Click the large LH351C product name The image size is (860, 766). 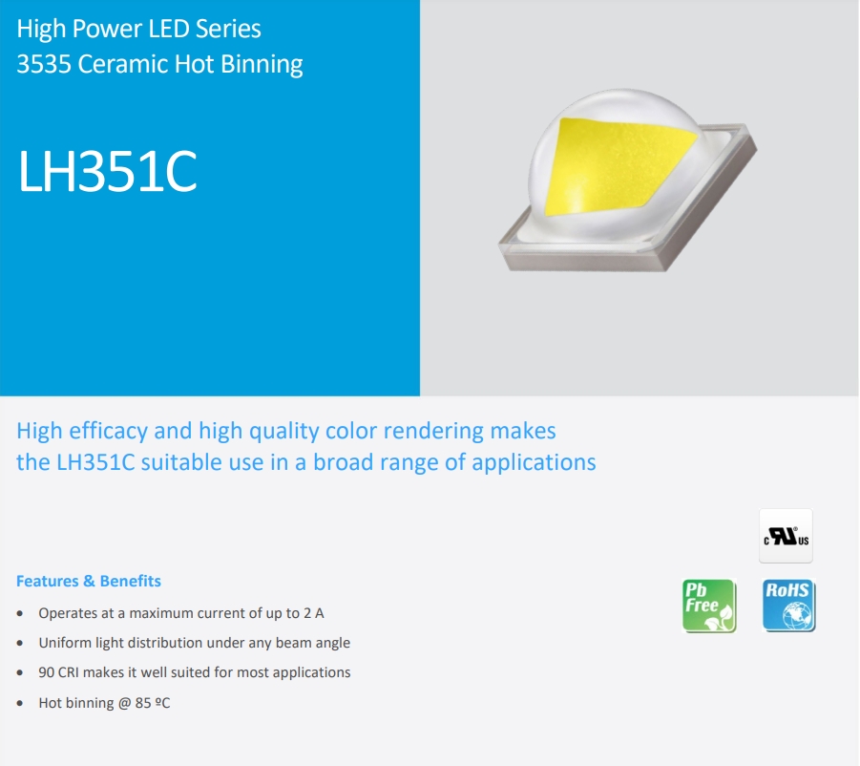108,171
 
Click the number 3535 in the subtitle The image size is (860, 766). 44,64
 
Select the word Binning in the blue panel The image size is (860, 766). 262,65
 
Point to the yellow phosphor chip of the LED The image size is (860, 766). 617,165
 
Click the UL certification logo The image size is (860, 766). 786,536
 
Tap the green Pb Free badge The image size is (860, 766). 709,606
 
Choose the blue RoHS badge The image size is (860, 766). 788,606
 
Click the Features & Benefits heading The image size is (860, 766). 89,581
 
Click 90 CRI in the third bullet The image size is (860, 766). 58,672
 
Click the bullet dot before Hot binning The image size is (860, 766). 20,704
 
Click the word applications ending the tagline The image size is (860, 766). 534,463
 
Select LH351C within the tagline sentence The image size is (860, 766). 96,462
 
